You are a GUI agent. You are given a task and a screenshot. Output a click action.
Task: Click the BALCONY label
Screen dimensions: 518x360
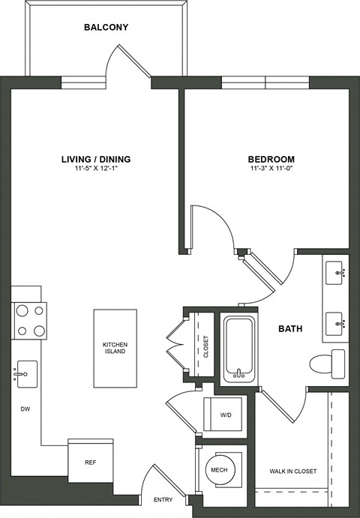106,28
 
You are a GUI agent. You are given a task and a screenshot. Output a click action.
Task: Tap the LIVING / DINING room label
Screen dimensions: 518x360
96,159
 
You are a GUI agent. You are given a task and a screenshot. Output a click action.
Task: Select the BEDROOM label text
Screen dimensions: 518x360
271,159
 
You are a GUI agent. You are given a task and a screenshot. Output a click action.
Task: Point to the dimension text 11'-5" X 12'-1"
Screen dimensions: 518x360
96,169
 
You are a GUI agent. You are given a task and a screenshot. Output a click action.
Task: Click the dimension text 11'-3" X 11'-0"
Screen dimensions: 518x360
271,169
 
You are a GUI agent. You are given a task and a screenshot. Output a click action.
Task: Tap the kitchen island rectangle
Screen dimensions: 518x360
114,348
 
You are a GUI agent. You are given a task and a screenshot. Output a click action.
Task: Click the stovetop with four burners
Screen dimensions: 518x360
29,320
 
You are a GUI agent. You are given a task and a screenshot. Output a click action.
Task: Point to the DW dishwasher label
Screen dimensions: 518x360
25,409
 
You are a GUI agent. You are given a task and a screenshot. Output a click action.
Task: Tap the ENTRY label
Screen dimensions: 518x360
163,499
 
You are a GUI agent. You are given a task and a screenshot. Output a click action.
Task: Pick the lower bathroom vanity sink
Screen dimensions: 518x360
335,324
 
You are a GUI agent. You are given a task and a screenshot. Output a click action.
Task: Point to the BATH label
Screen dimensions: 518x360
290,329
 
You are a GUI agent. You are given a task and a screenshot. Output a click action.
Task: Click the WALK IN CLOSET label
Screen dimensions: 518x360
292,472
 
